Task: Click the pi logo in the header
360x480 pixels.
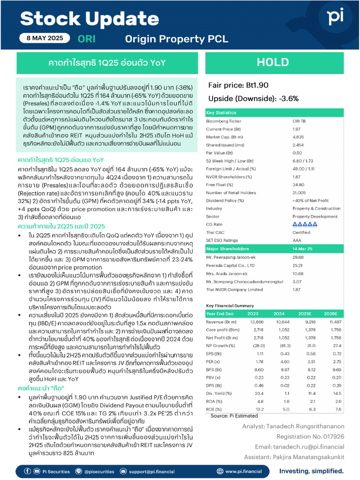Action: [335, 17]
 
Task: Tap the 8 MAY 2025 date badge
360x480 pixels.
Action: [45, 39]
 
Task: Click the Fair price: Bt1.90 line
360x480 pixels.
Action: [238, 85]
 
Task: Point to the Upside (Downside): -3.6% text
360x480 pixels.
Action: [253, 98]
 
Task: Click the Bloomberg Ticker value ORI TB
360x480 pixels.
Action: [300, 121]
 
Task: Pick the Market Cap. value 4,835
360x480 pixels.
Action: [299, 137]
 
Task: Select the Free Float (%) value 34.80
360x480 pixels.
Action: [299, 185]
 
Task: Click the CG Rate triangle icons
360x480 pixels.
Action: [305, 224]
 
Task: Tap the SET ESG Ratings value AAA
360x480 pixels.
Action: [297, 240]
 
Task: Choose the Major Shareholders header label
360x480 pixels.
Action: [228, 248]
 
